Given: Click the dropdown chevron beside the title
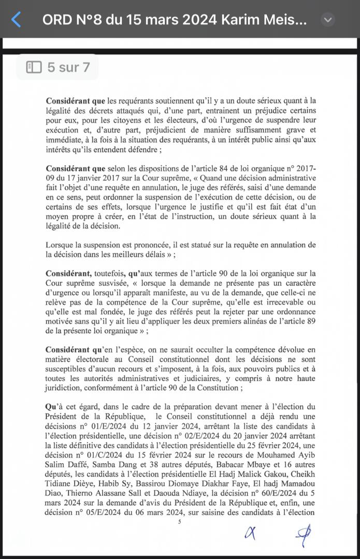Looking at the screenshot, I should click(x=327, y=20).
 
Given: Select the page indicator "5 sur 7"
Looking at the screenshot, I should click(x=57, y=67).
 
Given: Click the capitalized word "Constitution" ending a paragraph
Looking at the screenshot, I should click(x=220, y=387).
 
